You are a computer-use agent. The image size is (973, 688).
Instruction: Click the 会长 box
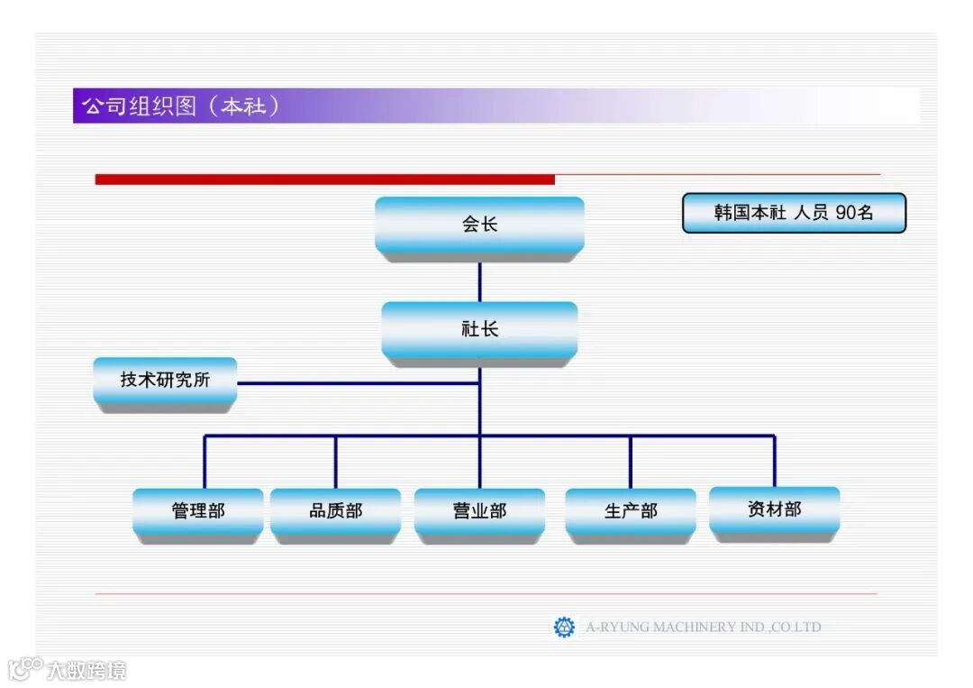[x=479, y=225]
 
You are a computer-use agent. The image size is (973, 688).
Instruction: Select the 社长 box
[x=479, y=329]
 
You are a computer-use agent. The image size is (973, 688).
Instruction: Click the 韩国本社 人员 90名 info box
[x=794, y=214]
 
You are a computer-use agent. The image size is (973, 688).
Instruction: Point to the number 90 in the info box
[x=846, y=214]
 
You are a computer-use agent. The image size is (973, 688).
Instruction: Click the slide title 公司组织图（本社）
[x=181, y=105]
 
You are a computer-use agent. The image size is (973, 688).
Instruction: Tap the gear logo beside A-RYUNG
[x=564, y=627]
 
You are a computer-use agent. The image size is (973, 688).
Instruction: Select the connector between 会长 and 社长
[x=479, y=280]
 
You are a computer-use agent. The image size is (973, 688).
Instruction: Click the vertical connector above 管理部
[x=205, y=463]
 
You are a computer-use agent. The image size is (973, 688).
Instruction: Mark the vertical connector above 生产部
[x=631, y=463]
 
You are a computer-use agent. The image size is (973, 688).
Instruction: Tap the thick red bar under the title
[x=324, y=179]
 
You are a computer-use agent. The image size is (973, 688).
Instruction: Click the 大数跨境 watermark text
[x=86, y=670]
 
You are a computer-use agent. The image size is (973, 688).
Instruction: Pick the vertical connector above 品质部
[x=335, y=463]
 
